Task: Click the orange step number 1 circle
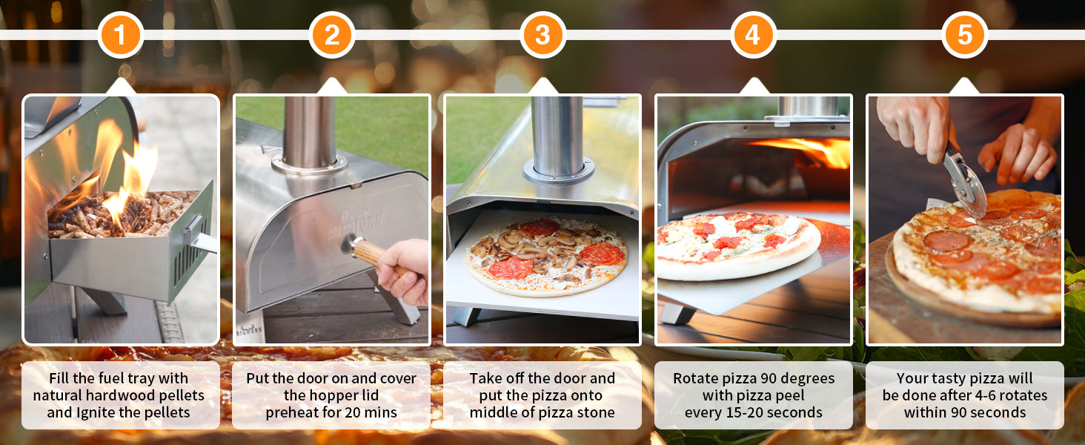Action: (120, 35)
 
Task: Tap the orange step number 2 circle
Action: (332, 35)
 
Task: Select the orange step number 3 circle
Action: (543, 35)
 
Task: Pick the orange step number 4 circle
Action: (753, 35)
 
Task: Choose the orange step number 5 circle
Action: (964, 35)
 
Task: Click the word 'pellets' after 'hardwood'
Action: (179, 395)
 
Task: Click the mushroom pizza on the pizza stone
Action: (546, 256)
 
